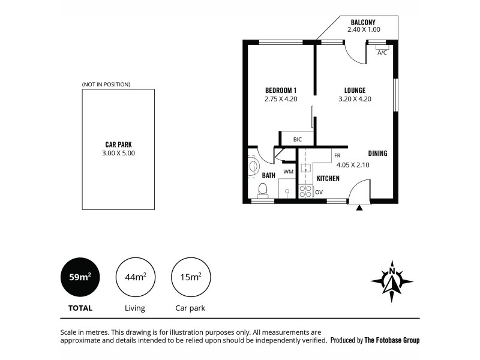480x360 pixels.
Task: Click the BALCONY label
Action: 364,22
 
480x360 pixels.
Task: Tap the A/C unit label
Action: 382,53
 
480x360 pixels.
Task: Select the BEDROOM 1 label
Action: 281,91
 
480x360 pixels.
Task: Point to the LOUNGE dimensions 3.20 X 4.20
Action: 355,99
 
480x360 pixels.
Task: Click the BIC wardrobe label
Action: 297,140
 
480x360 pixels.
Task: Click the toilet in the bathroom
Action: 262,190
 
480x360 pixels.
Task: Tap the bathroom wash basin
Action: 253,166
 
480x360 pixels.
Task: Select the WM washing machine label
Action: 288,172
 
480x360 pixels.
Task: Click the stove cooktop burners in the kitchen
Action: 305,191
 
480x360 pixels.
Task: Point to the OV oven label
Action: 319,192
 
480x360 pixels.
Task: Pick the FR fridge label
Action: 337,155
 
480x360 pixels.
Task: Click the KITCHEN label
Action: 328,178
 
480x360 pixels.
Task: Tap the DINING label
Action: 377,154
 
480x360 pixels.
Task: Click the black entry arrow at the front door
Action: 359,208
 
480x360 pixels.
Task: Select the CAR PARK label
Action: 118,144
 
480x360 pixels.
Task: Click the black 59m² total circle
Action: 80,277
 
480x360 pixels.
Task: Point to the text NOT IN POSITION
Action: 106,85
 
